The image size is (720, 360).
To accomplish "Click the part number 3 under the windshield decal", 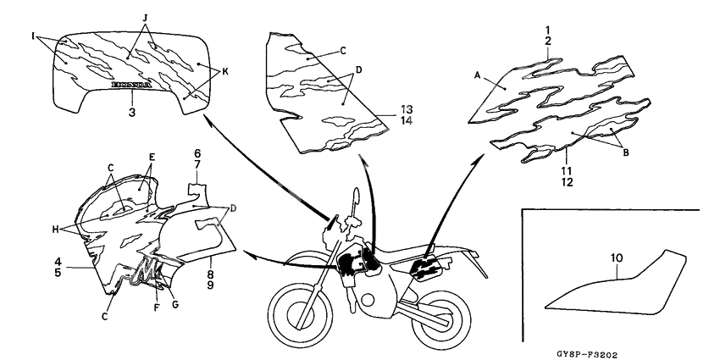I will click(132, 111).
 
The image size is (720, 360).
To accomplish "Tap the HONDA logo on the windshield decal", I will click(133, 85).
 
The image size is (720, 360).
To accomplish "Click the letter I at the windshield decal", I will click(35, 37).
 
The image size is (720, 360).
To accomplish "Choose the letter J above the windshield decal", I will click(145, 18).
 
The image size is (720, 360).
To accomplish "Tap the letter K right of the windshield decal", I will click(225, 74).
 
